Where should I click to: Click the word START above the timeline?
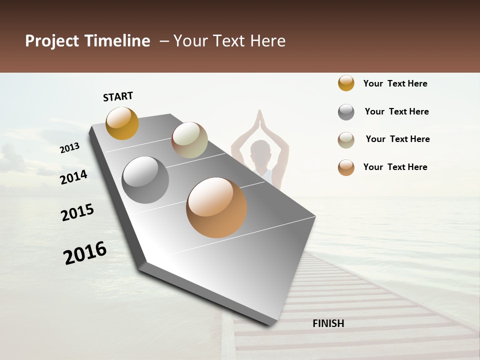(x=118, y=96)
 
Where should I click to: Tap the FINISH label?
(x=328, y=323)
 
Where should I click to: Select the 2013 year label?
(x=70, y=147)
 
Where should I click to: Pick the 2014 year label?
(x=74, y=177)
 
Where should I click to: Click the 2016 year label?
(x=85, y=252)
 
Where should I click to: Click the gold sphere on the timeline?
(x=122, y=123)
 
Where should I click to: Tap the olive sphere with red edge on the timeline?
(x=189, y=140)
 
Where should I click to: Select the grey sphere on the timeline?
(x=145, y=179)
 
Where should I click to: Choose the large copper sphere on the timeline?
(x=216, y=207)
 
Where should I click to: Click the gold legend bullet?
(x=346, y=83)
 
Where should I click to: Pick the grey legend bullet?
(x=346, y=112)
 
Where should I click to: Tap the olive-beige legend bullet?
(x=346, y=140)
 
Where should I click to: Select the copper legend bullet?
(x=346, y=167)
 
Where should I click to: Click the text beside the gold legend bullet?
(x=395, y=83)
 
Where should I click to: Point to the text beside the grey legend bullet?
(x=396, y=111)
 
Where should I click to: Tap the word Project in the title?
(x=50, y=41)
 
